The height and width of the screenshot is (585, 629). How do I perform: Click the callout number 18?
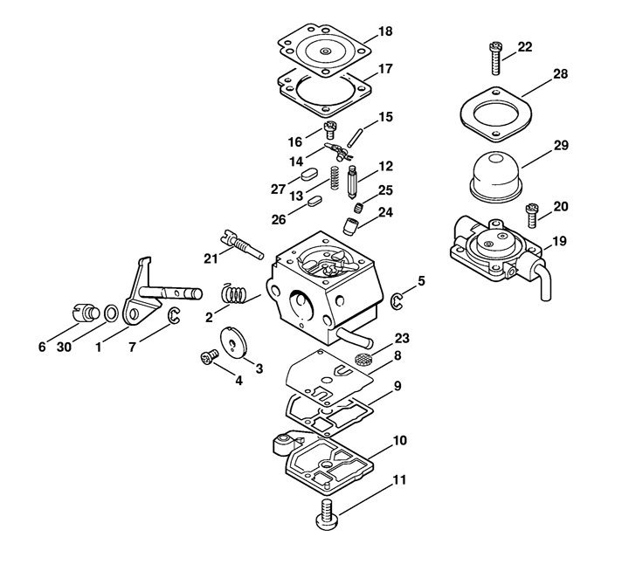coord(385,31)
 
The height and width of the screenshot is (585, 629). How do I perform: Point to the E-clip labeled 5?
coord(397,301)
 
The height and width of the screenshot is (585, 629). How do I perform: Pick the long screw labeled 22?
coord(496,58)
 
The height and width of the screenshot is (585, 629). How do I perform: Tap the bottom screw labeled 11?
coord(328,515)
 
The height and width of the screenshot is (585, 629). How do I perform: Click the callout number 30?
coord(64,347)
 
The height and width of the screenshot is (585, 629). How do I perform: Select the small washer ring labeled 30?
coord(111,313)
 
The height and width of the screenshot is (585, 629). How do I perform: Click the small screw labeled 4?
coord(209,357)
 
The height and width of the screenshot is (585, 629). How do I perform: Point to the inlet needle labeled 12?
coord(352,181)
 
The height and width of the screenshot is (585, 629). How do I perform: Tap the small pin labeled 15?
coord(356,138)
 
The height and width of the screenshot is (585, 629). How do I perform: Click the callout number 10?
coord(399,441)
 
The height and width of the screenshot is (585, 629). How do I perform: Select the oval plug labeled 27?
coord(309,175)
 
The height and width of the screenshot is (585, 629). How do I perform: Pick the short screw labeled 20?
coord(531,216)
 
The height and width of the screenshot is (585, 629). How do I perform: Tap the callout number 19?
coord(560,241)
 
